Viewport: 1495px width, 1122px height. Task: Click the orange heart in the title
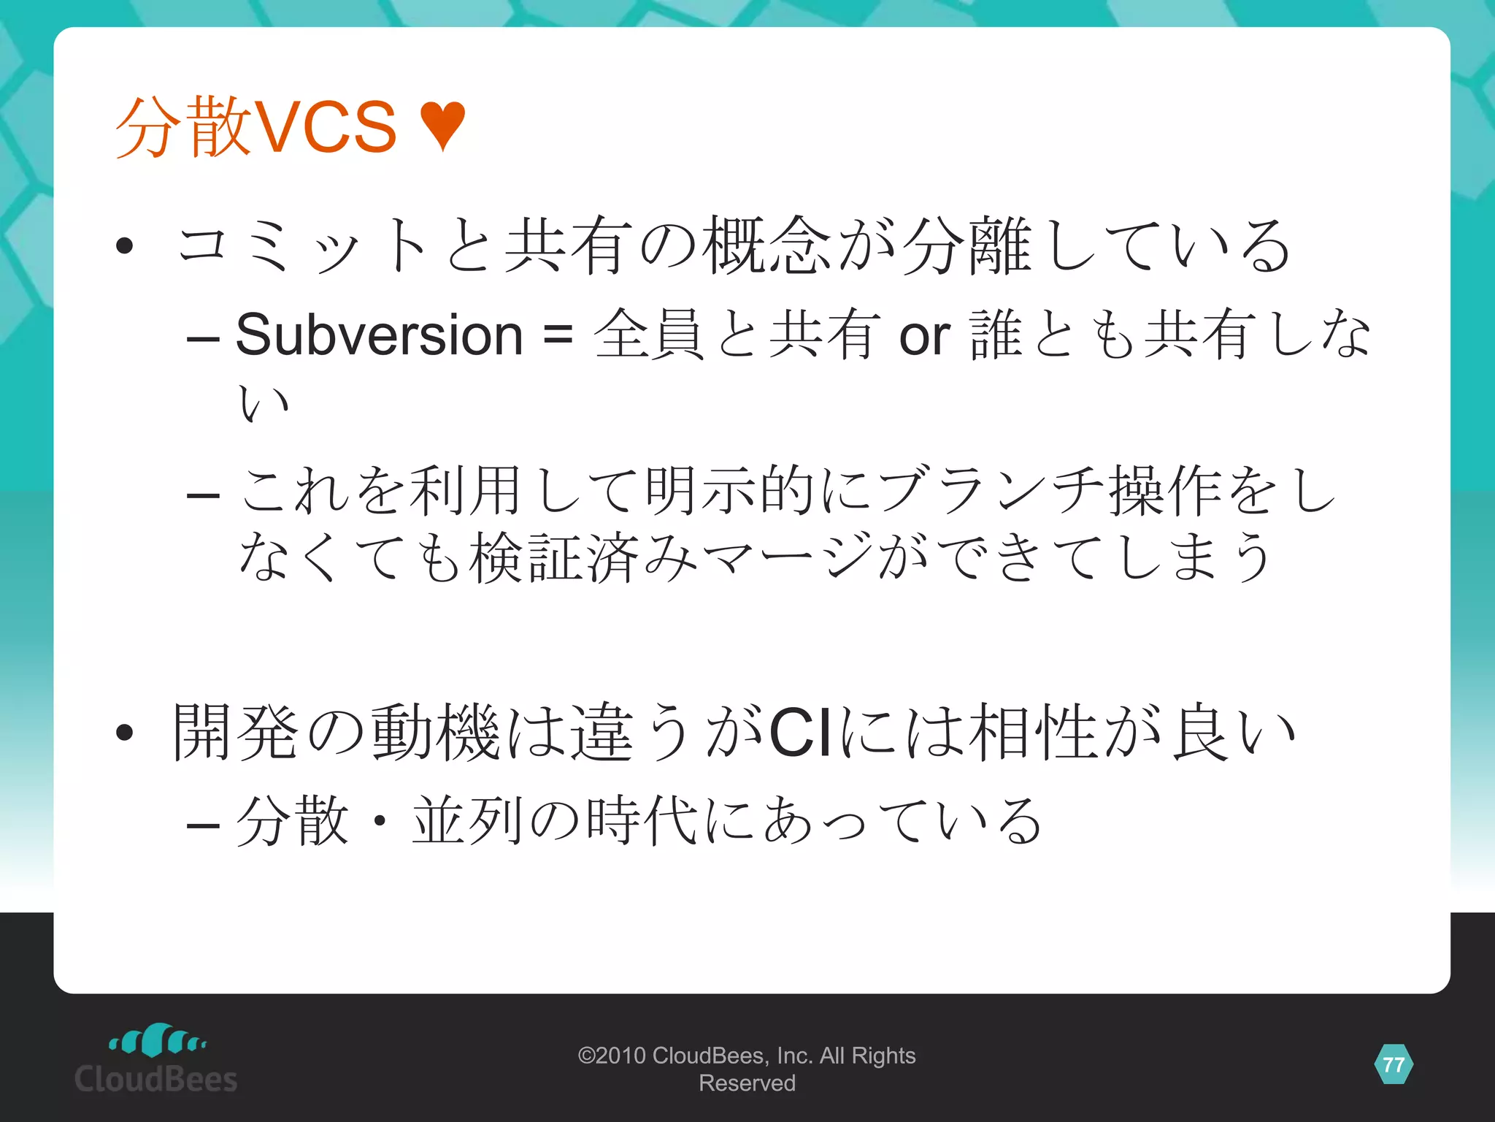[443, 126]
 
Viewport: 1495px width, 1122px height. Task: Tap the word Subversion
[379, 335]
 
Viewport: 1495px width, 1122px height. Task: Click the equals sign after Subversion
[558, 335]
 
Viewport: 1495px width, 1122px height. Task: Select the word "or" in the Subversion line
[924, 337]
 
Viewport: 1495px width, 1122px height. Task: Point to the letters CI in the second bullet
[800, 732]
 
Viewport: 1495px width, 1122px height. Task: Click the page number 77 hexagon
[1394, 1064]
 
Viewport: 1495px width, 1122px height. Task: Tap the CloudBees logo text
[156, 1079]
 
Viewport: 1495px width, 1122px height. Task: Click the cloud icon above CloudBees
[156, 1040]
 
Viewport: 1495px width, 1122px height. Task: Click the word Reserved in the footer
[747, 1083]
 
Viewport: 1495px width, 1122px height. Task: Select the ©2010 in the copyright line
[612, 1056]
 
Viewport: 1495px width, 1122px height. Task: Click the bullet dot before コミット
[124, 245]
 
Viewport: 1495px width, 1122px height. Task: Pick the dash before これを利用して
[203, 495]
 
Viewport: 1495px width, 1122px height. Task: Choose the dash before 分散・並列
[203, 825]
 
